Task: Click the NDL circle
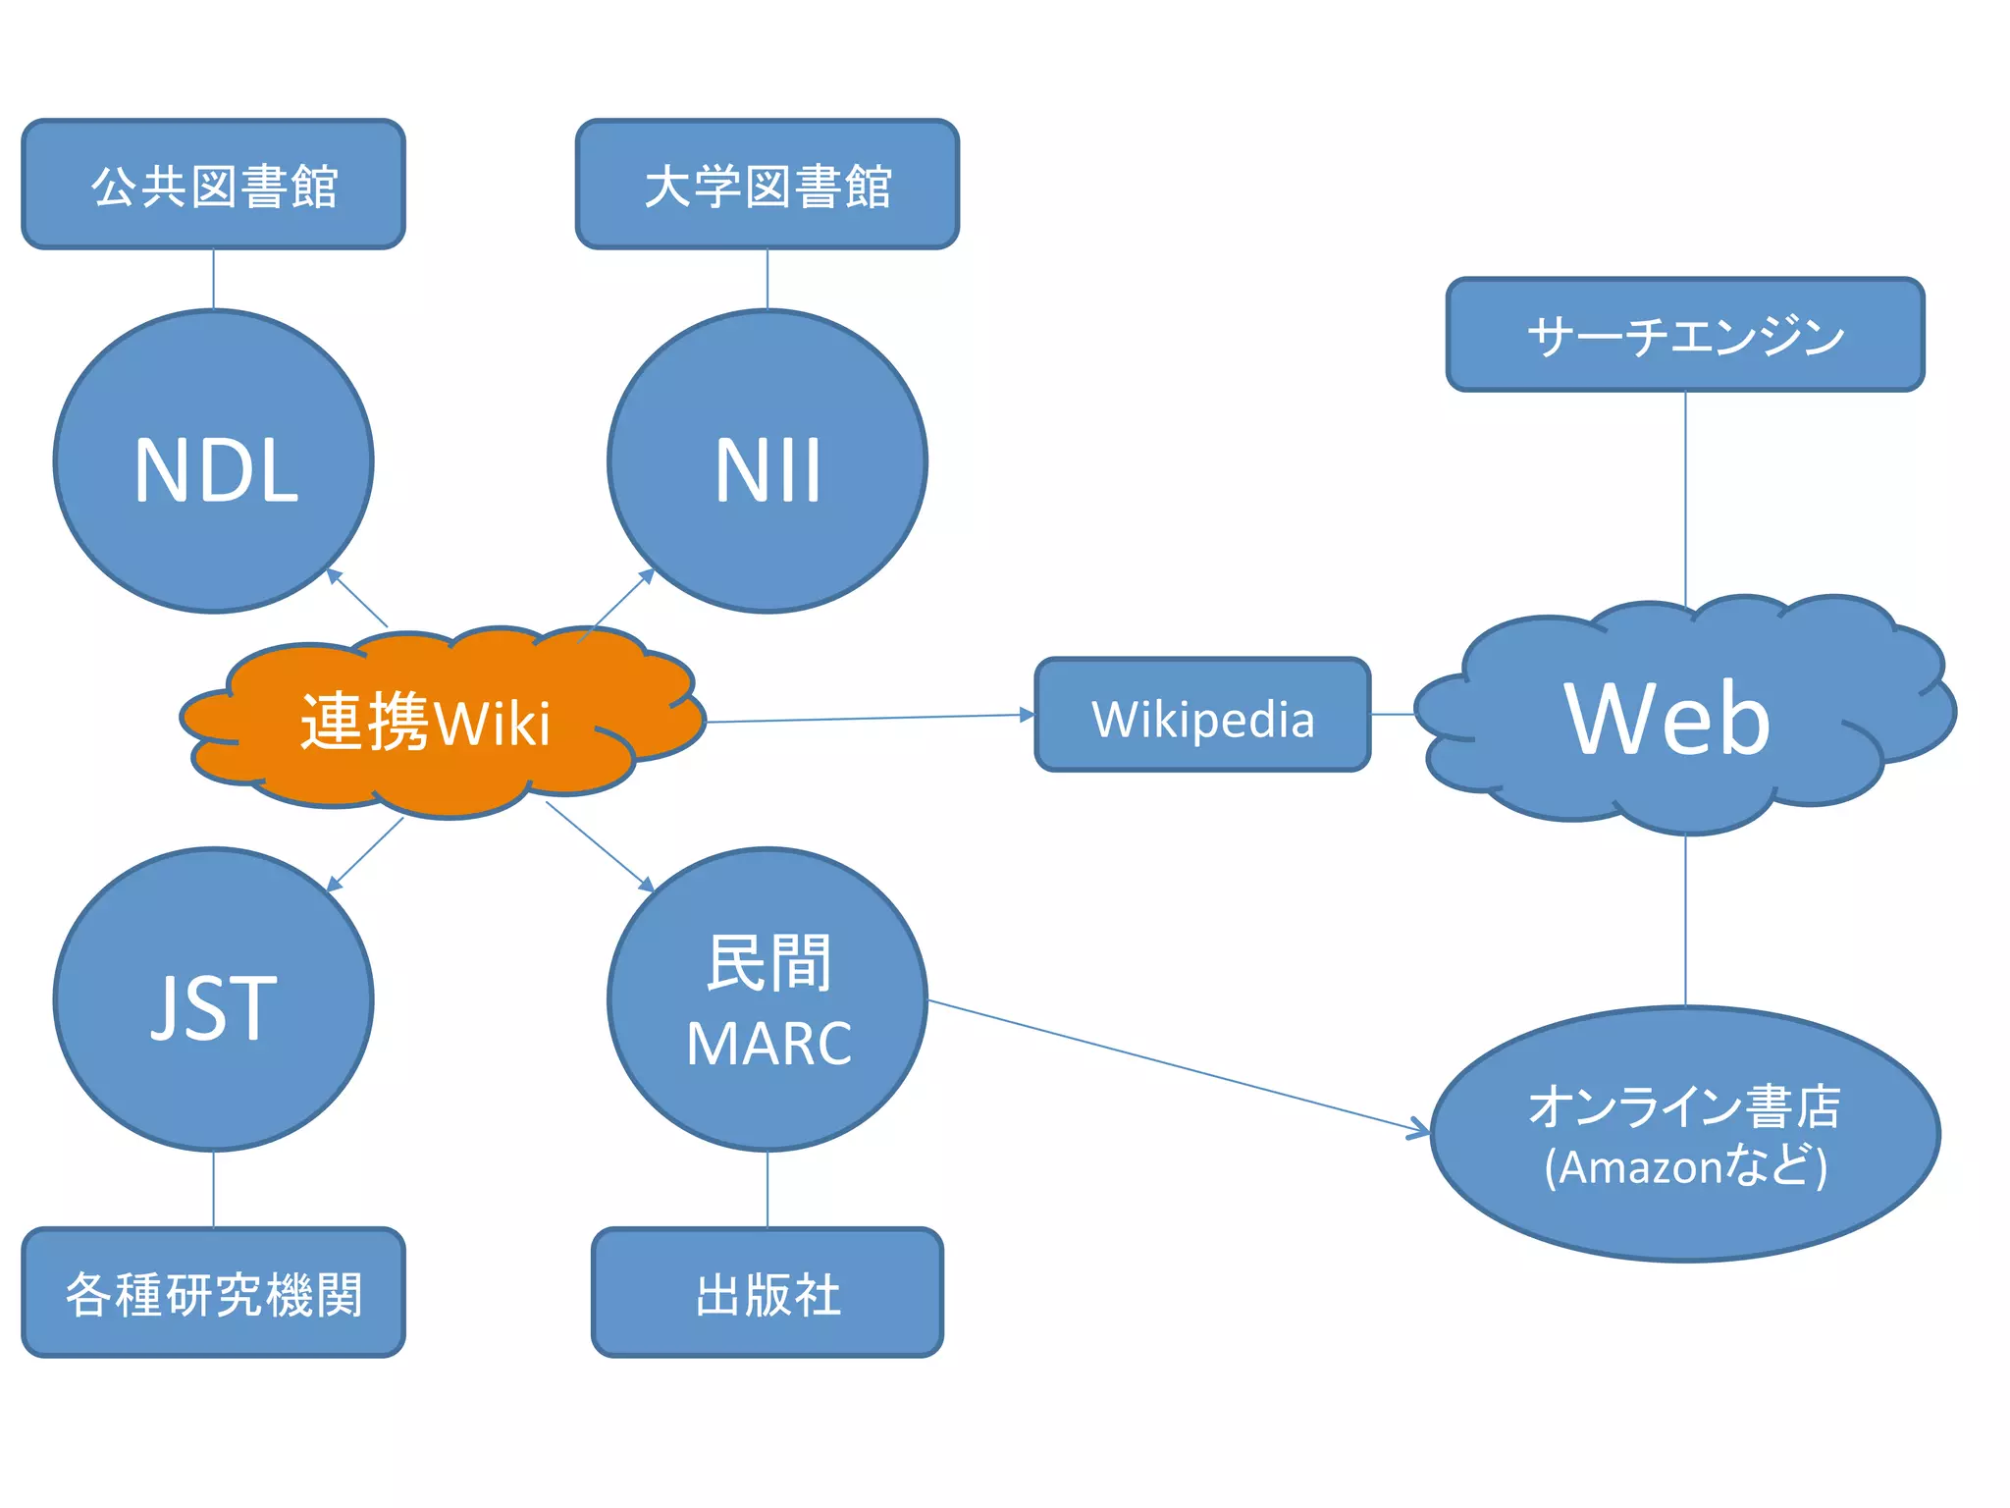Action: click(214, 461)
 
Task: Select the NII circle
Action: click(767, 461)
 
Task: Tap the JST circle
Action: click(214, 999)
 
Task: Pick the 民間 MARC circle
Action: click(767, 999)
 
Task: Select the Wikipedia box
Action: click(1202, 715)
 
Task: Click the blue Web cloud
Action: click(1668, 717)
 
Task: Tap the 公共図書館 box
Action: click(214, 185)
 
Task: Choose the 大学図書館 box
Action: click(767, 185)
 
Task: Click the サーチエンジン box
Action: click(1685, 335)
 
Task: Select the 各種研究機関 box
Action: click(214, 1292)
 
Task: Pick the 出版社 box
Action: click(767, 1292)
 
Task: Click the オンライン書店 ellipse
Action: click(1685, 1134)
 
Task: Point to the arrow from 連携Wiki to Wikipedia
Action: click(869, 719)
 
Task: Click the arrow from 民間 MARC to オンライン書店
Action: click(1178, 1066)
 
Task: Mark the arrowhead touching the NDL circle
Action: click(335, 575)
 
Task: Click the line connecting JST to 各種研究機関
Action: click(214, 1189)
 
